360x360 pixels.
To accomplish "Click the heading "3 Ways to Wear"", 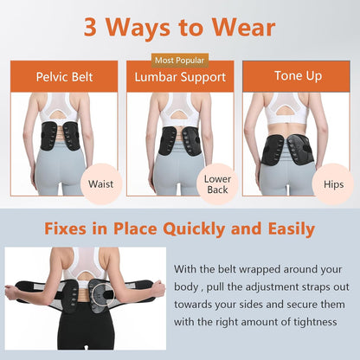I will [180, 26].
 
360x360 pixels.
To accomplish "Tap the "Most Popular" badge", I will [180, 60].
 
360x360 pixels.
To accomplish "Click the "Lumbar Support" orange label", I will [180, 77].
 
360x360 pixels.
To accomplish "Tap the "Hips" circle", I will [333, 183].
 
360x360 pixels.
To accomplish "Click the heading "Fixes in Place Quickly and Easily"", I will [180, 230].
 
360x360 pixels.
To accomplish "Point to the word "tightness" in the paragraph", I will [315, 322].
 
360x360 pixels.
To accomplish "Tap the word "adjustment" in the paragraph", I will [274, 287].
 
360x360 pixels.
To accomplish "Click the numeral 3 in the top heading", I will [91, 26].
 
